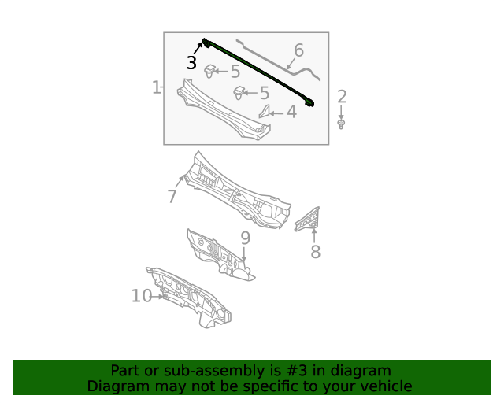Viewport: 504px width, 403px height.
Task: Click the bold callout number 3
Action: [x=191, y=63]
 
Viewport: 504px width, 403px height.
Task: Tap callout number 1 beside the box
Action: [x=156, y=87]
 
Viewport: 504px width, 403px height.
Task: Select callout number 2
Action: [x=342, y=96]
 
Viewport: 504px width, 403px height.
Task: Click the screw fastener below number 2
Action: [x=341, y=124]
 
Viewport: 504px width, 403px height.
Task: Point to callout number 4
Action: [x=291, y=112]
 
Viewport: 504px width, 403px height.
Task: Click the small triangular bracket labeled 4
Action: [x=265, y=112]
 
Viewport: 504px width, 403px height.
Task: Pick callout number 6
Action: [x=298, y=50]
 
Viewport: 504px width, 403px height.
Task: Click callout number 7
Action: [x=172, y=196]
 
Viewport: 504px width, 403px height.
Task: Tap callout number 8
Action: [x=315, y=252]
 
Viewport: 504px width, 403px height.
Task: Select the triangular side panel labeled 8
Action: [x=307, y=219]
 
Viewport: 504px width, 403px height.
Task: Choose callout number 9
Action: [x=245, y=238]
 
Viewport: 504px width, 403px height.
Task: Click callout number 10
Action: [x=142, y=295]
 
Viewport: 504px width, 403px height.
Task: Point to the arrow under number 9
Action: [x=244, y=254]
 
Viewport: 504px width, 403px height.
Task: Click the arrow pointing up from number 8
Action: [x=314, y=235]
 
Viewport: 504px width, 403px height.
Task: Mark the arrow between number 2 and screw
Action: [x=341, y=113]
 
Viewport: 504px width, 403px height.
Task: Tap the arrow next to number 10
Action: [x=158, y=296]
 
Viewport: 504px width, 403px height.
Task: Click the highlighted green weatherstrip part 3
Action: [x=258, y=72]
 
